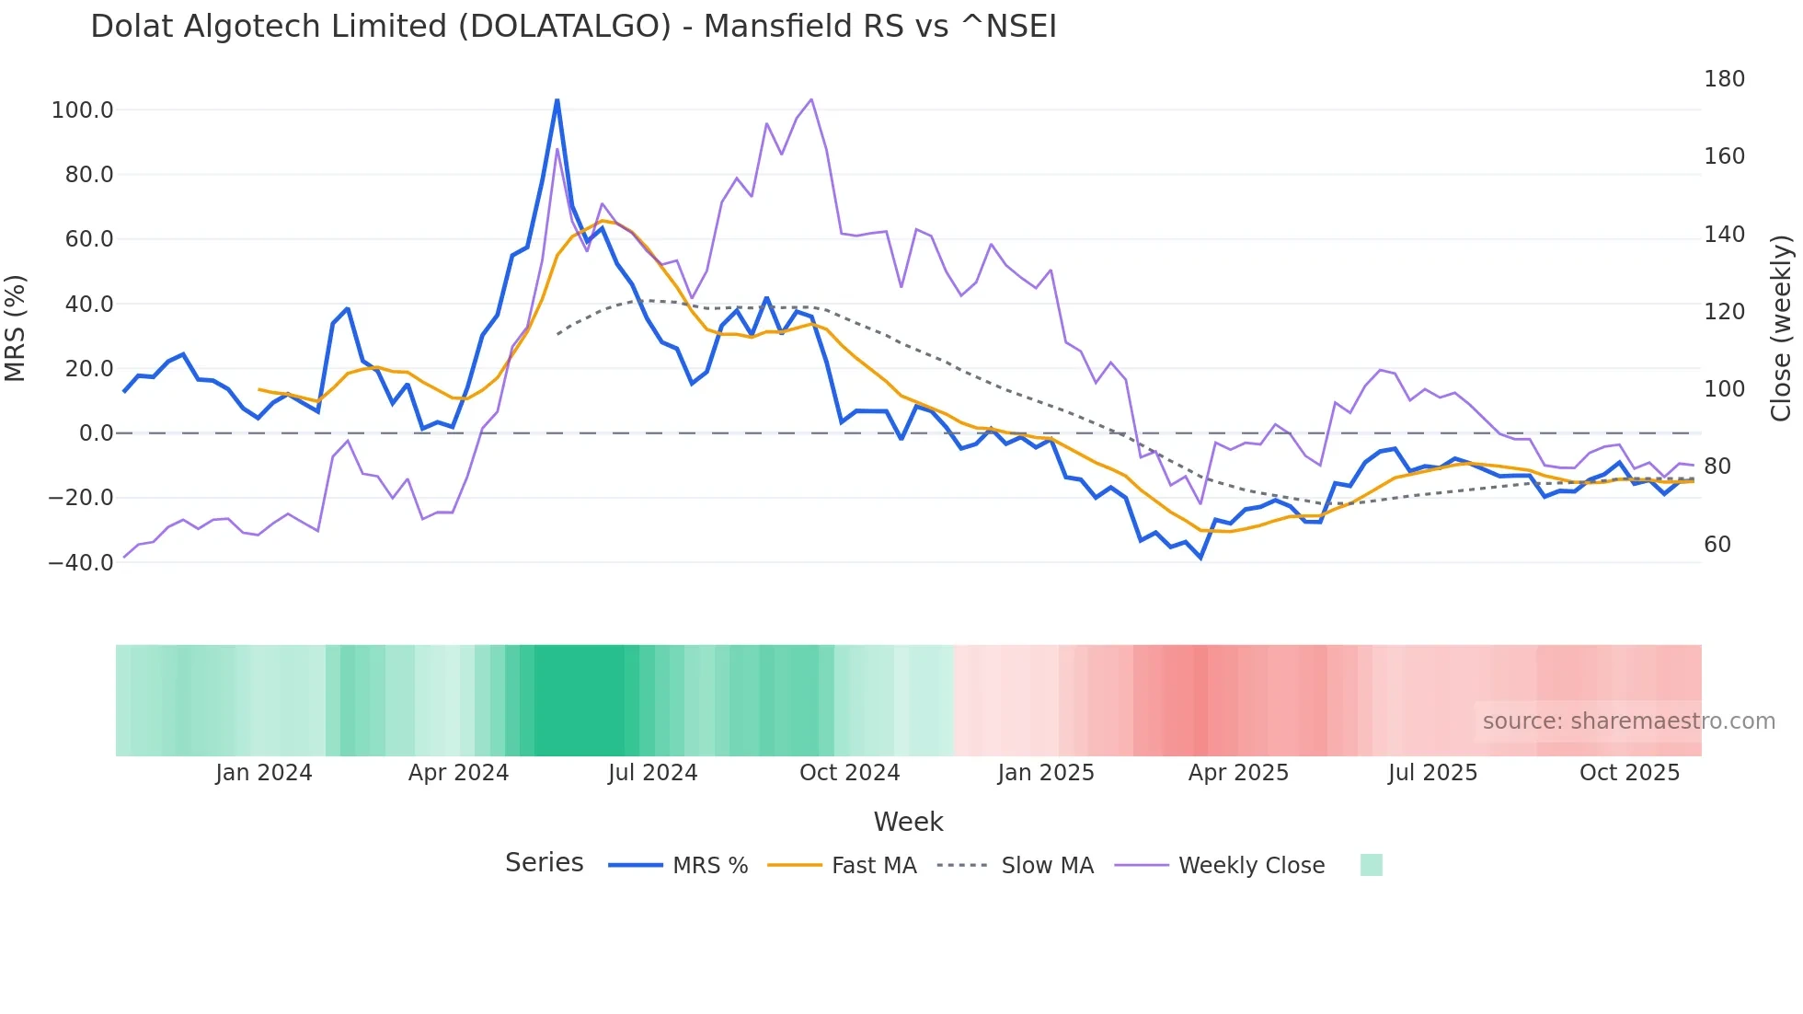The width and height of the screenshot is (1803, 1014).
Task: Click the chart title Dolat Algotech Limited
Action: click(573, 27)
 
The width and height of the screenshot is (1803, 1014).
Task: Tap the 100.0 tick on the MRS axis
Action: click(82, 110)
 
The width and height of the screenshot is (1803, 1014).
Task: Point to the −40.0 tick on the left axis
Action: click(80, 563)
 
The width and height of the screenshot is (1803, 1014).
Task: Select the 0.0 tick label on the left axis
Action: click(96, 433)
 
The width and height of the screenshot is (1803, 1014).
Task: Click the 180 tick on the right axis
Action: click(1724, 79)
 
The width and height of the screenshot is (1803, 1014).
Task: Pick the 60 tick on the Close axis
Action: click(1717, 545)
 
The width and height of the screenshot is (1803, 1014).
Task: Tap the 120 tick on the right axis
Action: click(1724, 312)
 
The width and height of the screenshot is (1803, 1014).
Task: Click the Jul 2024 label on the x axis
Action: click(652, 773)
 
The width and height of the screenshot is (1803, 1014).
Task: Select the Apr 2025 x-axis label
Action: click(1238, 773)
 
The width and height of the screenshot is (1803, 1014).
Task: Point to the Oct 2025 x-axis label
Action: click(1629, 773)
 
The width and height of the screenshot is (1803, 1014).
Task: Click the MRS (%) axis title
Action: click(16, 328)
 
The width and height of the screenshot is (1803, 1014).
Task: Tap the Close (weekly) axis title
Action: click(1782, 328)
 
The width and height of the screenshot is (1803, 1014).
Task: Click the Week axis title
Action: click(908, 822)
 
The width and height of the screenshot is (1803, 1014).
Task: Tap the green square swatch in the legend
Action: click(1371, 865)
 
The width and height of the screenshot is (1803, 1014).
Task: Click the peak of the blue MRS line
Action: click(557, 100)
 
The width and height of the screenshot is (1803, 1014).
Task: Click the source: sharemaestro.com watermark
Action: click(1628, 721)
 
